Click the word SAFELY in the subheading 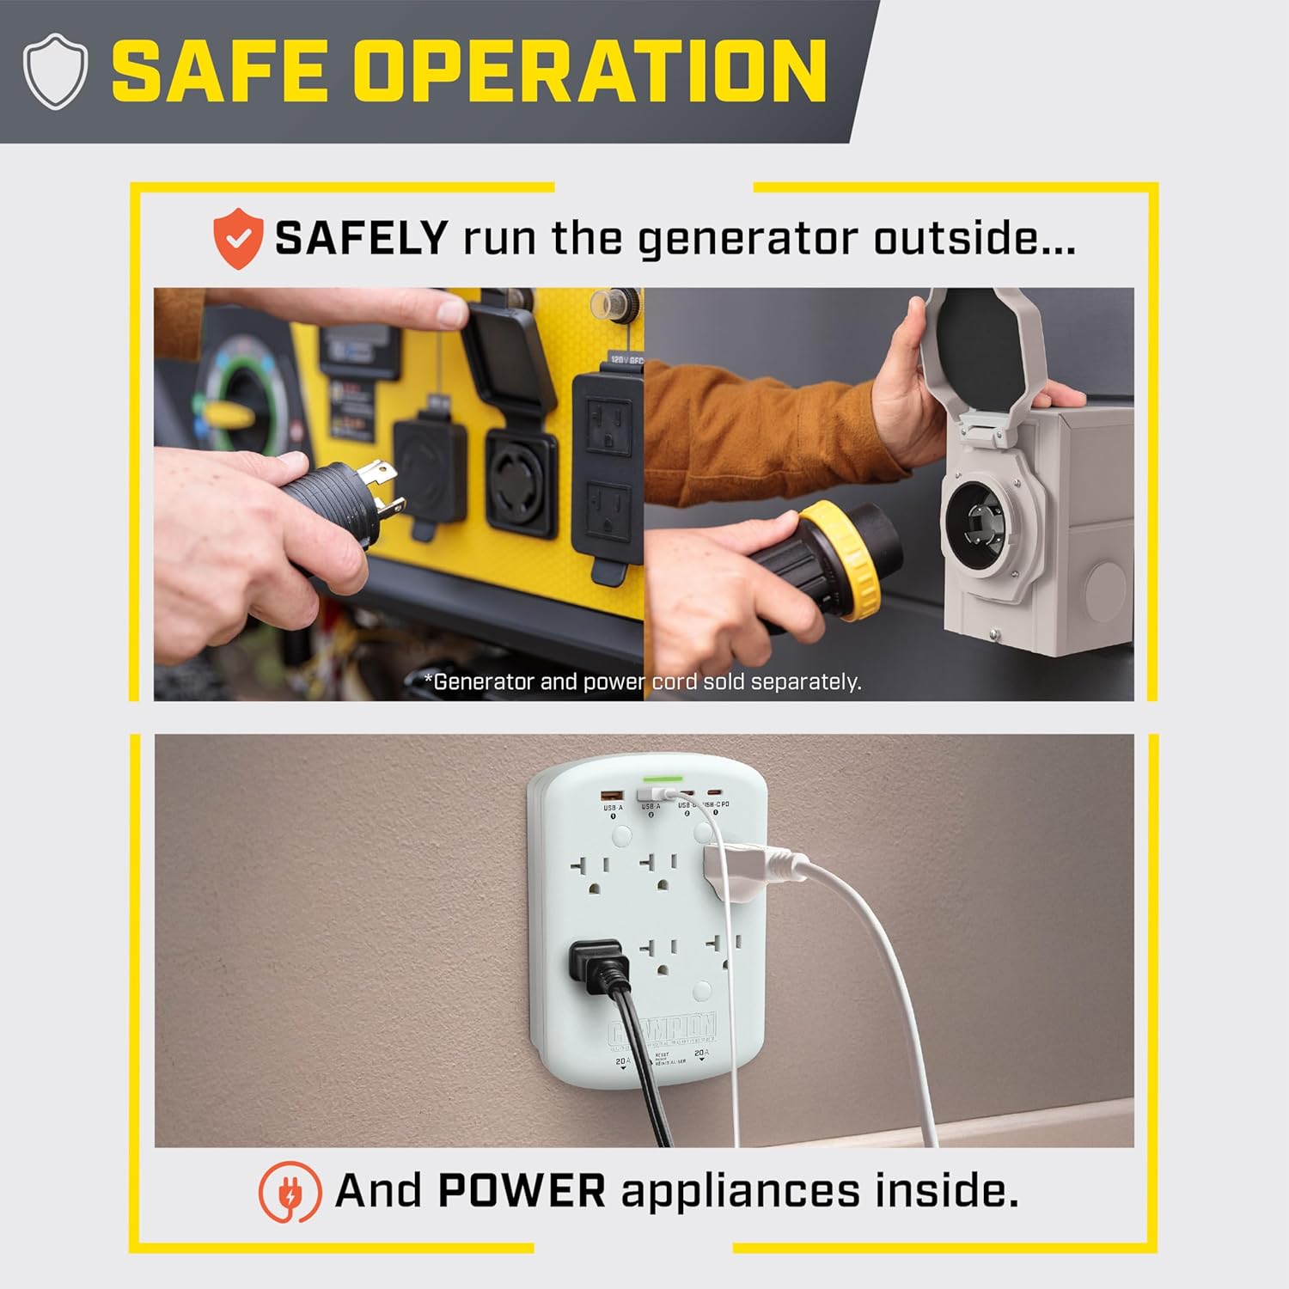tap(361, 238)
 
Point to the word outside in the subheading tap(974, 238)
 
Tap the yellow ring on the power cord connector tap(838, 559)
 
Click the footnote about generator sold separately tap(643, 681)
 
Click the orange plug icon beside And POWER tap(290, 1192)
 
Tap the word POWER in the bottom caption tap(522, 1192)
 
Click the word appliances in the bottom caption tap(740, 1192)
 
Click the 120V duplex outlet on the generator tap(608, 464)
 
